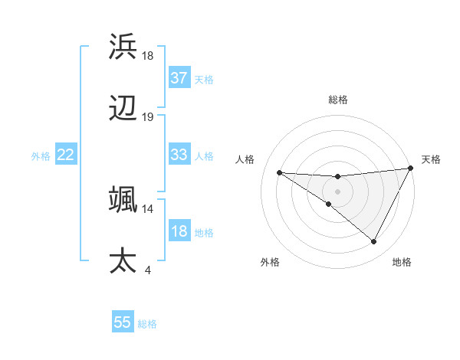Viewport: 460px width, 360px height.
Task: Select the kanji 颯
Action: point(123,198)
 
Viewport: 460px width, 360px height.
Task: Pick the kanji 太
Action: point(123,260)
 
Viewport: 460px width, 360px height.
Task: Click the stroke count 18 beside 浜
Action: point(148,56)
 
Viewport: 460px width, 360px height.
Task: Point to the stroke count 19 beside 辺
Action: point(148,117)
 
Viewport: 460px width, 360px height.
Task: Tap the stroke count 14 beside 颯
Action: point(148,208)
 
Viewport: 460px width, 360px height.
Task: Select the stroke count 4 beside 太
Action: point(148,270)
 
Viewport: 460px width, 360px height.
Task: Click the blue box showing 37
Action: point(179,77)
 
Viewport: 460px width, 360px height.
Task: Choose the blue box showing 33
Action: point(179,155)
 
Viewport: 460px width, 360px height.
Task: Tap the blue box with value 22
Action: point(66,155)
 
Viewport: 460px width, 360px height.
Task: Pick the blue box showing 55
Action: point(123,322)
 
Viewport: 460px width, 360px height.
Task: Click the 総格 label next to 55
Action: point(147,324)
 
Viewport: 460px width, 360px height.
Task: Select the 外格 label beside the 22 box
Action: point(41,156)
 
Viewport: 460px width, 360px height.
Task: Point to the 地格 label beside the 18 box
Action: point(204,233)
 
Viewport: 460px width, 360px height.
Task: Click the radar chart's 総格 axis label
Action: point(338,100)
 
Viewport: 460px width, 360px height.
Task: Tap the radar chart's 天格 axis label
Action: point(431,159)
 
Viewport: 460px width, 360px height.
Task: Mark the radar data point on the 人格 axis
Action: point(279,172)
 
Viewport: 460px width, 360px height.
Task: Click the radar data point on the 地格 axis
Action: point(374,242)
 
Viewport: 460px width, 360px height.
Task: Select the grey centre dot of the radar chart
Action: point(337,191)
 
